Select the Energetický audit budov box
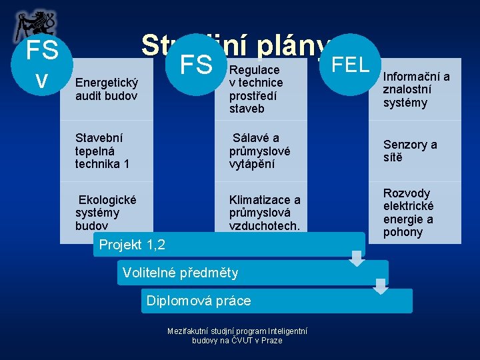pos(107,89)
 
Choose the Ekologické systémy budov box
pos(107,213)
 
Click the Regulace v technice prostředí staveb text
pos(256,89)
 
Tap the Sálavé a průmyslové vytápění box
pos(260,151)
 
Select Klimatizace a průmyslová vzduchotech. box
pos(265,213)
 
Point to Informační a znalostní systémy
pos(415,89)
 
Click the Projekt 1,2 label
pos(132,245)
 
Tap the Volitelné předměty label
pos(178,272)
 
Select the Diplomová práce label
pos(199,301)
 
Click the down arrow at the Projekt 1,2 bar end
pos(357,258)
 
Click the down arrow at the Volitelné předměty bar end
pos(381,286)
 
